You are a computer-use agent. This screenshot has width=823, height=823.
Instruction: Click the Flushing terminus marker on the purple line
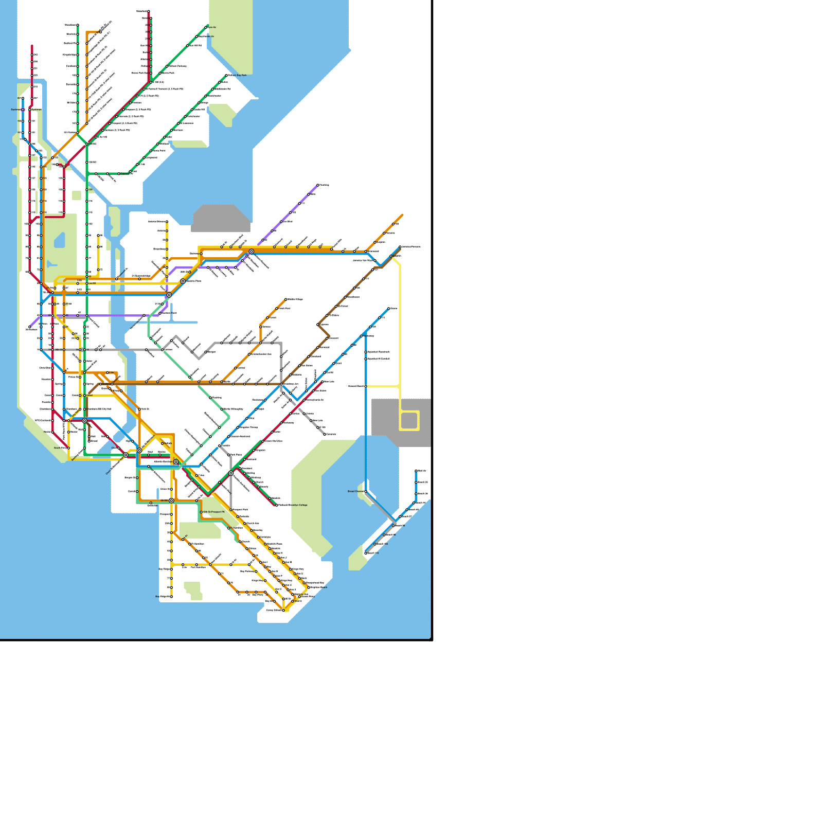[318, 185]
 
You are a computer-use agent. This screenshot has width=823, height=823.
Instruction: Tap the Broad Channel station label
[355, 491]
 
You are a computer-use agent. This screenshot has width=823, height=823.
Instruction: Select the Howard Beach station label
[356, 386]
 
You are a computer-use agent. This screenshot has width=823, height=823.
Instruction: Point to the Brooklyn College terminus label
[293, 505]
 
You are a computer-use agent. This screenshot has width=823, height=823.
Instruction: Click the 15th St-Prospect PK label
[213, 512]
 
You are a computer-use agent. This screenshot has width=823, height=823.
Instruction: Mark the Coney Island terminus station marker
[283, 611]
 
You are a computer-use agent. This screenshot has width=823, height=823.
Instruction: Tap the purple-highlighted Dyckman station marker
[23, 110]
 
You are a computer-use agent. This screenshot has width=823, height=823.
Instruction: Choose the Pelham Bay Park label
[237, 76]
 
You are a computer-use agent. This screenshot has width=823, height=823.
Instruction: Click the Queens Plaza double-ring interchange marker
[183, 281]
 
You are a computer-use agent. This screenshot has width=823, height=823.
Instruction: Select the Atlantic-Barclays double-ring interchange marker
[176, 462]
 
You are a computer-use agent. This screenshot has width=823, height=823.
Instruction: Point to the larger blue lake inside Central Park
[60, 240]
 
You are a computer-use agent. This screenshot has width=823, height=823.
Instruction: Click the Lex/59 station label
[92, 283]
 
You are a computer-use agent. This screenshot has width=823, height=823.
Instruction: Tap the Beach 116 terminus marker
[366, 553]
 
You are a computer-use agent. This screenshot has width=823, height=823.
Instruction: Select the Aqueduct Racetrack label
[379, 352]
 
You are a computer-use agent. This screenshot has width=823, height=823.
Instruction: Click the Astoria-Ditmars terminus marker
[167, 222]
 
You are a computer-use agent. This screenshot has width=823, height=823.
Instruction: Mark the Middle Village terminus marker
[286, 299]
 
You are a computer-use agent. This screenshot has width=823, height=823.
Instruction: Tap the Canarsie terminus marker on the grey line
[325, 434]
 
